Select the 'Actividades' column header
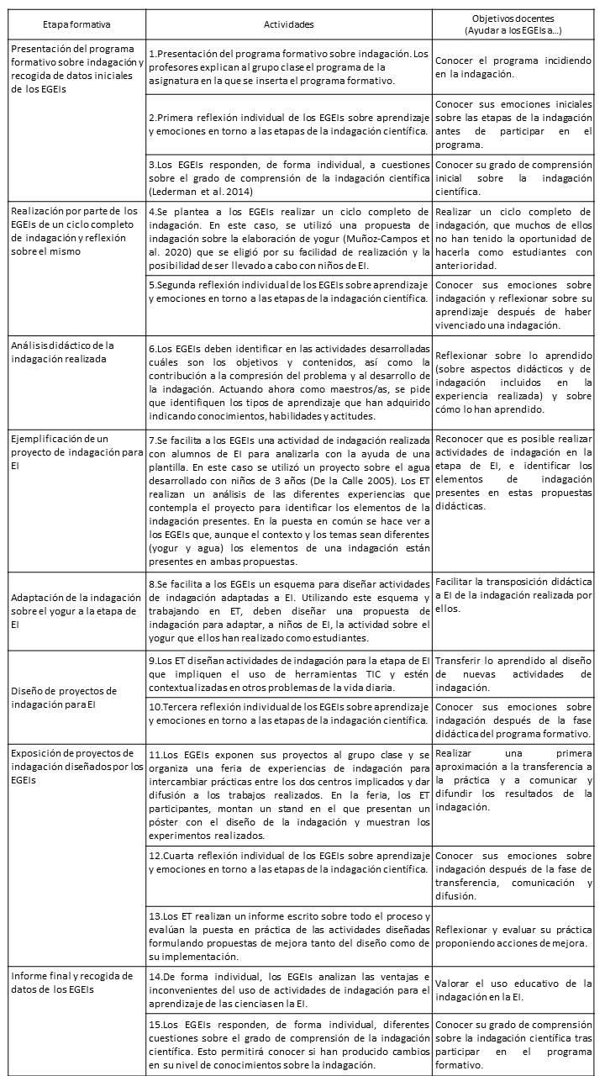coord(287,25)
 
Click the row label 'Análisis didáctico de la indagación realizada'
coord(63,351)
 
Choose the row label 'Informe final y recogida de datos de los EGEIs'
coord(71,982)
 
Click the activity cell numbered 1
coord(287,67)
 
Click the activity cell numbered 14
coord(287,989)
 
